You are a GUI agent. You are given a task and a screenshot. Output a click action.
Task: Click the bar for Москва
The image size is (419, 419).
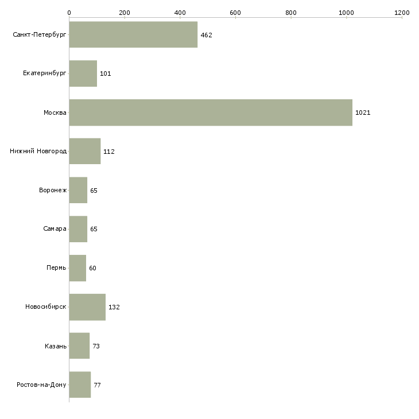[211, 112]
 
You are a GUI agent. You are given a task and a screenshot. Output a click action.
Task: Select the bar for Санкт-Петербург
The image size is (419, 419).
[133, 35]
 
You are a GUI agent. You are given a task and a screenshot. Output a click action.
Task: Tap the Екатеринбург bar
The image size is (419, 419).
[83, 73]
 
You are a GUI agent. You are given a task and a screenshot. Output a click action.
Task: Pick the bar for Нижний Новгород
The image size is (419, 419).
[84, 152]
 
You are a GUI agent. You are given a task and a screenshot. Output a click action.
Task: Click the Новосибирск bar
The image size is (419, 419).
[87, 307]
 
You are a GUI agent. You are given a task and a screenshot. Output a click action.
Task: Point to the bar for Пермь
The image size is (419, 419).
[77, 268]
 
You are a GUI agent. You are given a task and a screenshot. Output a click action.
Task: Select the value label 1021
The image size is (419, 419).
[363, 112]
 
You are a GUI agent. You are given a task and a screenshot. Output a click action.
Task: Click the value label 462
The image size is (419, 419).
[207, 35]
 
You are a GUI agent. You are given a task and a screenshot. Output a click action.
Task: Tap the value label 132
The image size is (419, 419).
[114, 307]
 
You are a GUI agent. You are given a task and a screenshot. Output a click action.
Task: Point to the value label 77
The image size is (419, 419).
[98, 385]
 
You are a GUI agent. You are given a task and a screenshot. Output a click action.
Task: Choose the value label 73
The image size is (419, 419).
[96, 346]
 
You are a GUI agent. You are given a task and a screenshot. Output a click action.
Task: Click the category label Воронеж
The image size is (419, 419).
[52, 191]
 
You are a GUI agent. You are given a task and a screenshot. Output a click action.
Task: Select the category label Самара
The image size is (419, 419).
[55, 229]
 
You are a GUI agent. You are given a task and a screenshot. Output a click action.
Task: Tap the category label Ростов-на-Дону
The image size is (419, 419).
[42, 385]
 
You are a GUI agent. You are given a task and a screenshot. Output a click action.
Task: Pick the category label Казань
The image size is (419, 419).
[56, 346]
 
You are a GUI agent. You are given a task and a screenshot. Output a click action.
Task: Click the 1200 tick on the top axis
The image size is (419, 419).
[402, 12]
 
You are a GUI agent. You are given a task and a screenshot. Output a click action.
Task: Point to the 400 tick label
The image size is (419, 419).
[180, 12]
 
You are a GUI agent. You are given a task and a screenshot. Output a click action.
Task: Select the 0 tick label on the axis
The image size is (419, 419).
[69, 12]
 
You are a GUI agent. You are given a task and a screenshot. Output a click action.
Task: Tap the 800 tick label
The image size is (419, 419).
[291, 12]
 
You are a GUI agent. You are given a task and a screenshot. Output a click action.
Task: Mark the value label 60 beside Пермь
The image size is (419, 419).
[93, 268]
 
